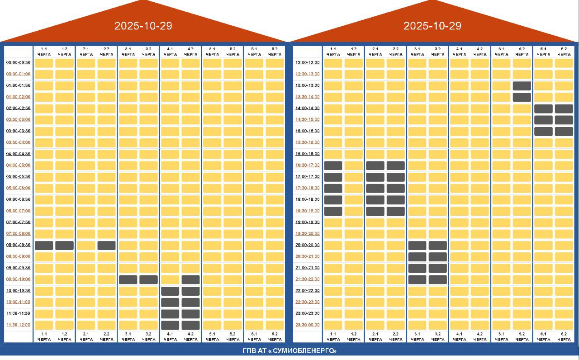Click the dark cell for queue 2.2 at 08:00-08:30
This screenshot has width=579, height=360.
[107, 246]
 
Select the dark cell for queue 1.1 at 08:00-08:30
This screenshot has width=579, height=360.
[44, 246]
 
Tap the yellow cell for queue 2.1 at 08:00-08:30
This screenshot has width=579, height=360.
[86, 246]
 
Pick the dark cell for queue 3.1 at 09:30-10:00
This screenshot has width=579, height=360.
[128, 279]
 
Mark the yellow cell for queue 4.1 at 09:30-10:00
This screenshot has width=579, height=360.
[170, 279]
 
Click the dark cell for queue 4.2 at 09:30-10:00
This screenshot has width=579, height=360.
[191, 279]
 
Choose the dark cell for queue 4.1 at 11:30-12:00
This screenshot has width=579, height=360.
[170, 325]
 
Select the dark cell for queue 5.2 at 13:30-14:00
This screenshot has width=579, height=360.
[522, 97]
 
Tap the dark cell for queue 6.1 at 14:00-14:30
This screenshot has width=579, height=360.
[543, 109]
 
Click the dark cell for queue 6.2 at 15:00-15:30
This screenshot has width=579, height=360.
[564, 131]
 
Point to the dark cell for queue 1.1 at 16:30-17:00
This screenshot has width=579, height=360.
[333, 166]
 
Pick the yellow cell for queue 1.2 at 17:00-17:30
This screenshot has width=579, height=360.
[354, 177]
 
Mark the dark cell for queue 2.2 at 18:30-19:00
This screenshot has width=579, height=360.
[396, 211]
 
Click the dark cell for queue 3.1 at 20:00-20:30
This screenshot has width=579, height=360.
[417, 246]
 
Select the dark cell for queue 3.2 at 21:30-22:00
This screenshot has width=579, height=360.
[438, 279]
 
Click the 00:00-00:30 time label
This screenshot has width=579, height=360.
[19, 62]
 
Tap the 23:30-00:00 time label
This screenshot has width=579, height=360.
[308, 325]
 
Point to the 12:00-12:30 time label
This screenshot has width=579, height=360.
[308, 62]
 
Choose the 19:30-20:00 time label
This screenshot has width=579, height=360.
[308, 234]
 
